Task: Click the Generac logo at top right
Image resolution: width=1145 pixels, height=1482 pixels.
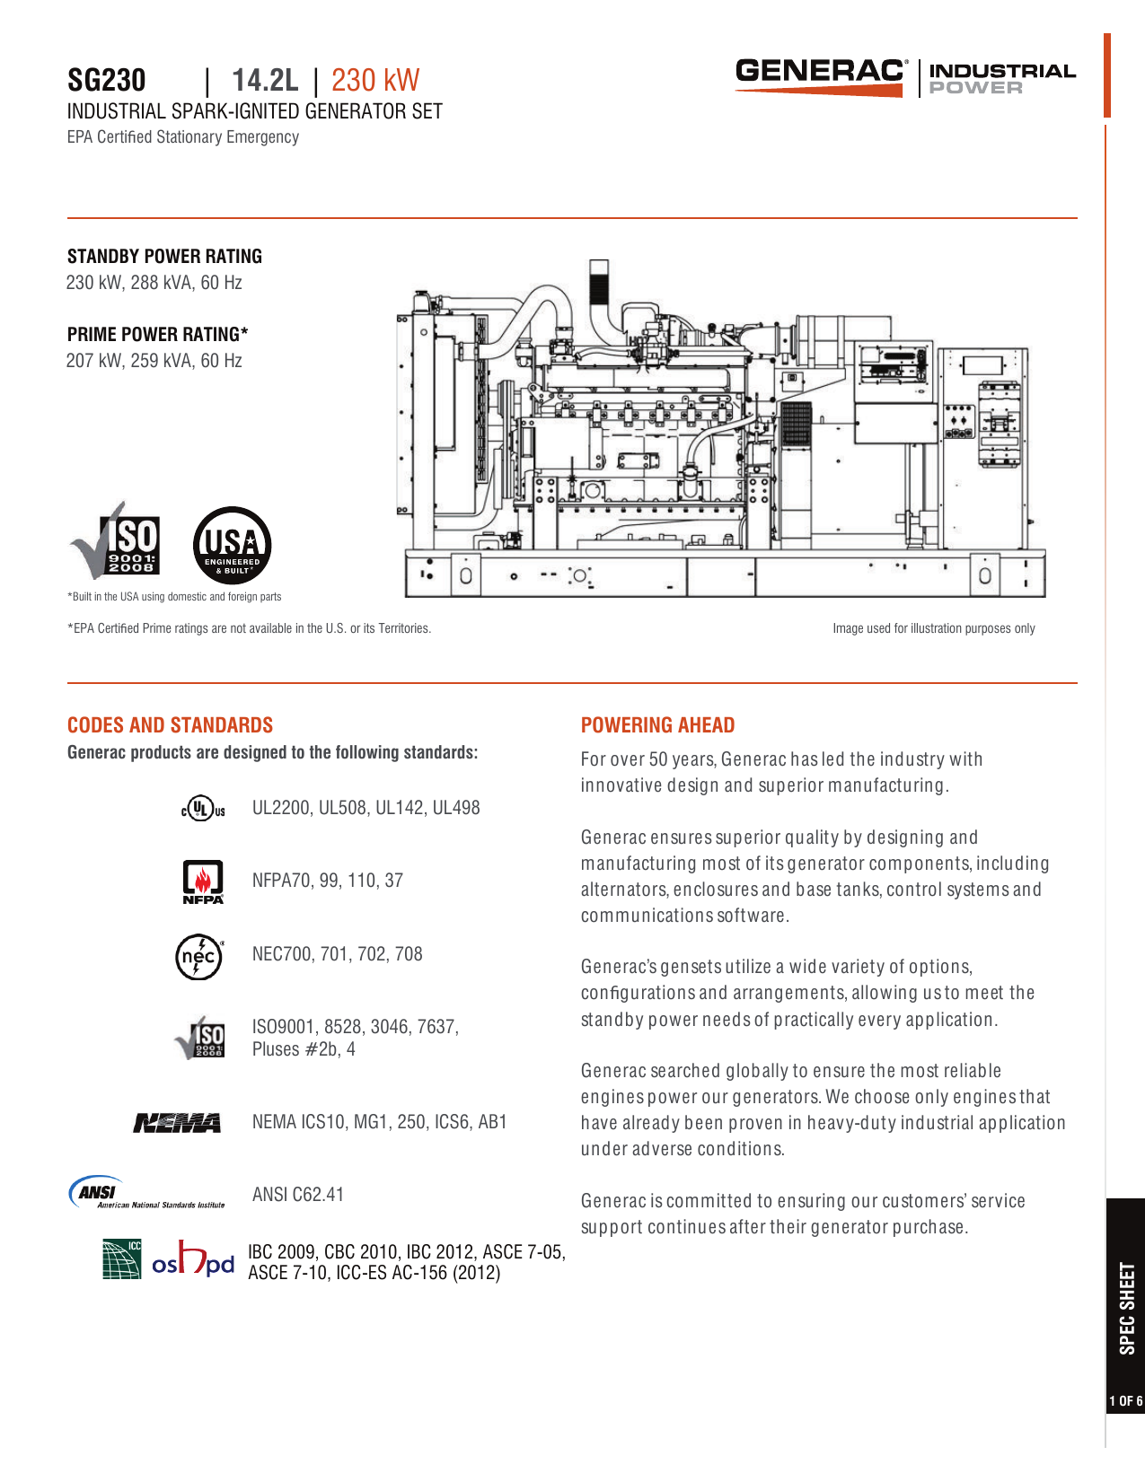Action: (820, 75)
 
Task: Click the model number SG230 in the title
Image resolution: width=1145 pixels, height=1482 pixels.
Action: (106, 81)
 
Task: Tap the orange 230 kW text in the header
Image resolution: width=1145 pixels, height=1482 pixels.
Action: (374, 81)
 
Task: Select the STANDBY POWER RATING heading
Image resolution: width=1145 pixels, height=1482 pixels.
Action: (164, 257)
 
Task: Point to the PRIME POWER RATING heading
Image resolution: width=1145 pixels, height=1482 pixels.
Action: (157, 335)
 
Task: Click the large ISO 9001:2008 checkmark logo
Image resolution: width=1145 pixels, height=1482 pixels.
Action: (116, 541)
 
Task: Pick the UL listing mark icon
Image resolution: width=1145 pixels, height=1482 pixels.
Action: (203, 808)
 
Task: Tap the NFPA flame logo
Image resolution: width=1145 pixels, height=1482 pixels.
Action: (203, 881)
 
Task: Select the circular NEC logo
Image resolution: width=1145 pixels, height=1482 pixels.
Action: (198, 957)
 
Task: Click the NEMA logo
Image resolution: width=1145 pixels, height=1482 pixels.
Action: (177, 1123)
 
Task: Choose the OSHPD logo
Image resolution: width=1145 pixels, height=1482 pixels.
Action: (193, 1260)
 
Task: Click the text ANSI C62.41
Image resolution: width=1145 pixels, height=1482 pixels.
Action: (298, 1195)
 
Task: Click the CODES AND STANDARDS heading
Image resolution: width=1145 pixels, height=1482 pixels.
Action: (170, 725)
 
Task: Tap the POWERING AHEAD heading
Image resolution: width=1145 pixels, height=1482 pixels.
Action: (657, 725)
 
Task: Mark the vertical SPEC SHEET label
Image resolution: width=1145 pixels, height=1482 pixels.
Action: (1126, 1308)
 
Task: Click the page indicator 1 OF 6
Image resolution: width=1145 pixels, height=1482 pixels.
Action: (1125, 1401)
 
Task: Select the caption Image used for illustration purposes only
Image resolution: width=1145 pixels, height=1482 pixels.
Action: (933, 628)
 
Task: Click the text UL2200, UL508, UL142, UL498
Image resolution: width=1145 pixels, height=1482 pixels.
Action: (366, 808)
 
